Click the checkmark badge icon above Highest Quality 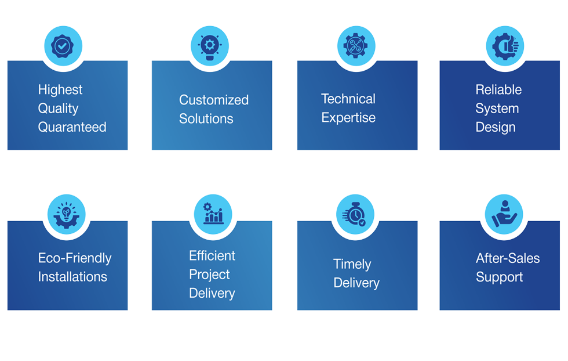(63, 45)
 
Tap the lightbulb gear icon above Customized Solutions (210, 45)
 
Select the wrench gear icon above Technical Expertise (356, 45)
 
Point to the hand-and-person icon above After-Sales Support (504, 213)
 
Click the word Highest (60, 90)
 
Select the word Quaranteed (72, 127)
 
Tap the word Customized (214, 100)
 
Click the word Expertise (348, 118)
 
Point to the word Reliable (498, 90)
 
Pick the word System (497, 109)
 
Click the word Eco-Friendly (75, 258)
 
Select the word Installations (72, 277)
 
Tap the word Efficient (212, 256)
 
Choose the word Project (209, 275)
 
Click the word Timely (352, 265)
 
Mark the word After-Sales (508, 258)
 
